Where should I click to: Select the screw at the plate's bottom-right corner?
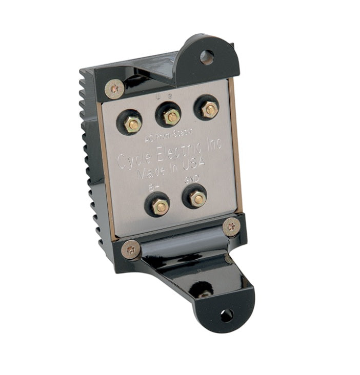point(231,225)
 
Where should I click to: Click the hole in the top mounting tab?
point(207,57)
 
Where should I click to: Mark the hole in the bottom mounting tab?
point(226,315)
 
